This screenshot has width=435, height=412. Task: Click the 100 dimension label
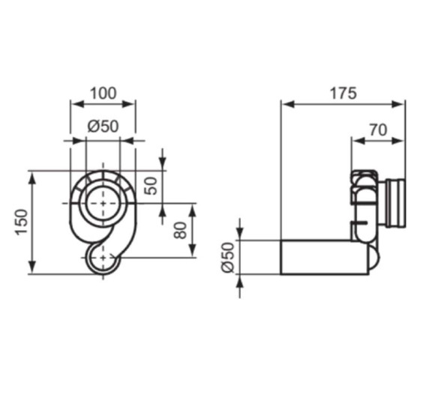click(103, 93)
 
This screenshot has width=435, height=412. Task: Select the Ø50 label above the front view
click(103, 127)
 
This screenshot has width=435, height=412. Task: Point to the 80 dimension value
click(180, 230)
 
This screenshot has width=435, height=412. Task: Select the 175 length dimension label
click(343, 93)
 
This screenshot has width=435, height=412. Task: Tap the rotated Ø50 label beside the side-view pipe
click(228, 257)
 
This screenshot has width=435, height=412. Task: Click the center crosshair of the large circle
click(103, 203)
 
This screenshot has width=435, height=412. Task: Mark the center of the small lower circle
click(103, 258)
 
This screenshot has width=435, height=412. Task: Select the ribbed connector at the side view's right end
click(394, 203)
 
